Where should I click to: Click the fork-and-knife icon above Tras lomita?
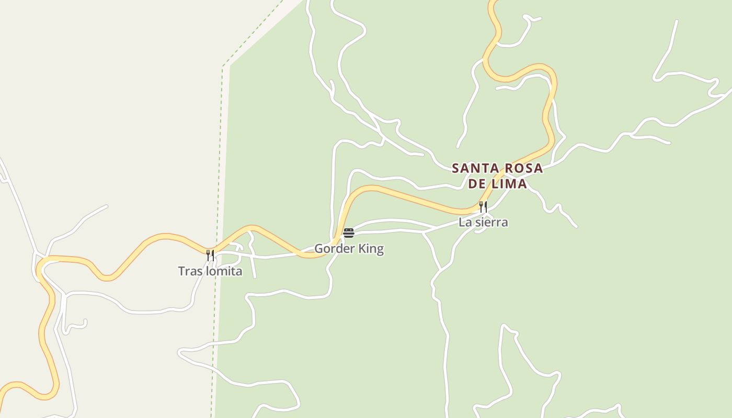[210, 255]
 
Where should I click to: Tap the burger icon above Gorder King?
[349, 233]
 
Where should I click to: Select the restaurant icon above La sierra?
[483, 206]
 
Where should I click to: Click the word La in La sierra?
[464, 222]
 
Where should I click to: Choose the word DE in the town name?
[476, 184]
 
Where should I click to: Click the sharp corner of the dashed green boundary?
[223, 66]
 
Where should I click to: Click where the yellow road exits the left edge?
[2, 389]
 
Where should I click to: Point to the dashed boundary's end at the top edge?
[283, 1]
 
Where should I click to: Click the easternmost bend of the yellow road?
[554, 84]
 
